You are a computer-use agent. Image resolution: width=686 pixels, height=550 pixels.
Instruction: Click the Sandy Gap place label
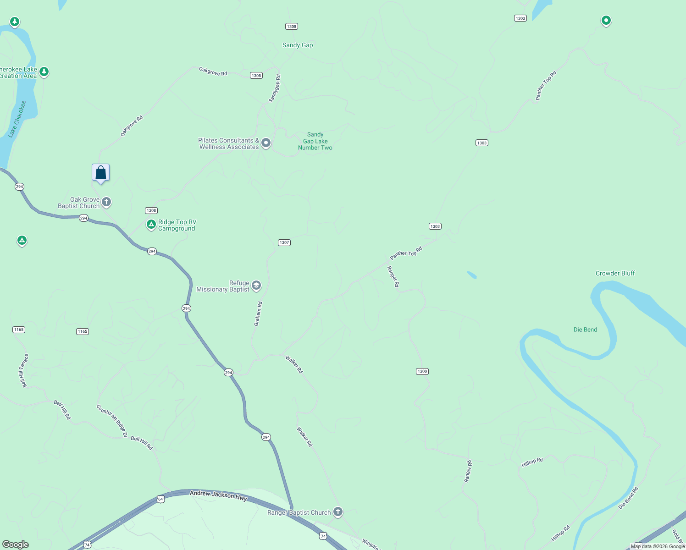(298, 45)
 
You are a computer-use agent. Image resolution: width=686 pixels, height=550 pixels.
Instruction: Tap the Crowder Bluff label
(615, 273)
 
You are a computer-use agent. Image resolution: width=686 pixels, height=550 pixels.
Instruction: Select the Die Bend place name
(585, 330)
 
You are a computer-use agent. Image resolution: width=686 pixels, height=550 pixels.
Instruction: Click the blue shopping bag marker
(101, 173)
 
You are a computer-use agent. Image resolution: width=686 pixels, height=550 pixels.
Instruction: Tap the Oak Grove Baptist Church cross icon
(106, 202)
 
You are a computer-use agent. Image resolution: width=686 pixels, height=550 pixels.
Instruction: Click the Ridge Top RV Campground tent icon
(151, 224)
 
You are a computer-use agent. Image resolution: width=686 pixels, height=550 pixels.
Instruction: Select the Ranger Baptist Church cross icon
(338, 511)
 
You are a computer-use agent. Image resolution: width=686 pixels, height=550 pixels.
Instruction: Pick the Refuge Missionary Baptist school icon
(256, 286)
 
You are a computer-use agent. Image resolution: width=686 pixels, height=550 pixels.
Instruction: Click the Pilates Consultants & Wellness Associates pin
(266, 143)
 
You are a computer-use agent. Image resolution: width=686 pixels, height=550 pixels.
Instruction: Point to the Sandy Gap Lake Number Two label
(315, 141)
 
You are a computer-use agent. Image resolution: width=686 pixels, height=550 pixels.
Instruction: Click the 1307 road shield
(284, 242)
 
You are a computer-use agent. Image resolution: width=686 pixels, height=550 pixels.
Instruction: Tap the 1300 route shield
(422, 371)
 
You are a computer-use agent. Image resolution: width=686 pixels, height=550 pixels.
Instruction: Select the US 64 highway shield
(160, 499)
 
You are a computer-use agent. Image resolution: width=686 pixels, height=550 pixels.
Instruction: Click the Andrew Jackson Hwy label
(218, 495)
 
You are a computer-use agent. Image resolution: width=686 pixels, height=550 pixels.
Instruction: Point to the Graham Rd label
(258, 313)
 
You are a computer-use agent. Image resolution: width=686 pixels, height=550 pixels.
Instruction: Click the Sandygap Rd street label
(275, 88)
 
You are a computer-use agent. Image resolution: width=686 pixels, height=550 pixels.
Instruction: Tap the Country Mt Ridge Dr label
(112, 421)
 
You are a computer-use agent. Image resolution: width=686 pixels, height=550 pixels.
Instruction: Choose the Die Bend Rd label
(628, 498)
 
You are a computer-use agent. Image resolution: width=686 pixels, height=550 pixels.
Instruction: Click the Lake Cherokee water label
(17, 119)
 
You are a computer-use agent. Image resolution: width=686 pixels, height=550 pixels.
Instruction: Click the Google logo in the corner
(16, 544)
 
